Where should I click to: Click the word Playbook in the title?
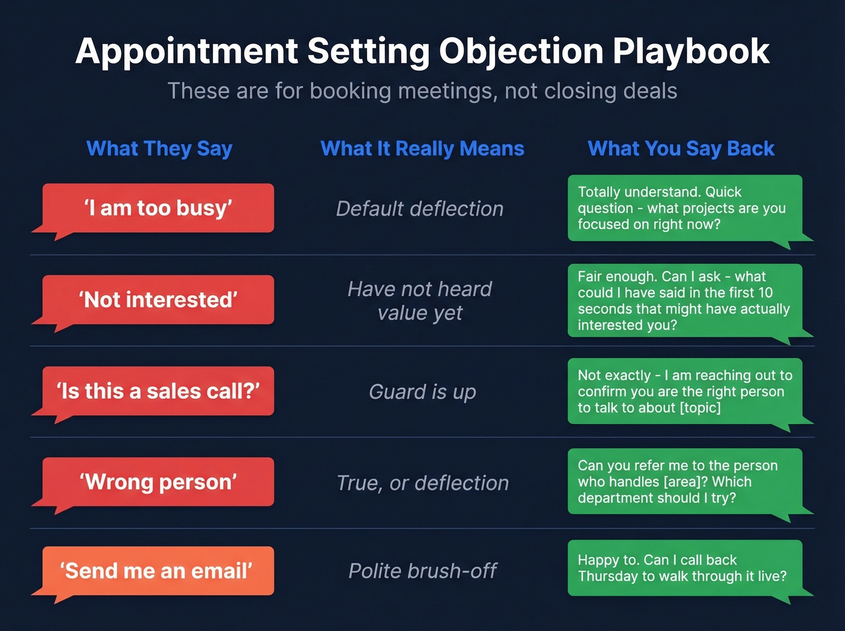pos(691,51)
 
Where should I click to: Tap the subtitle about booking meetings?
pos(422,91)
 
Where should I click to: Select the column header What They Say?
pos(159,149)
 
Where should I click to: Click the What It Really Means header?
pos(422,149)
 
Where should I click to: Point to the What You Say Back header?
pos(681,149)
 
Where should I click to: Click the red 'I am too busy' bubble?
pos(158,208)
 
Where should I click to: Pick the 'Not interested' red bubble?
pos(158,299)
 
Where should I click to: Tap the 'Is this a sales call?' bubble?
pos(158,391)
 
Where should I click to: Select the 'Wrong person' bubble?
pos(158,482)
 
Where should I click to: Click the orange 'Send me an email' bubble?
pos(158,571)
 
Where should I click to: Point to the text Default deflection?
pos(420,209)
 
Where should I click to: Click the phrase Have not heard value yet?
pos(420,301)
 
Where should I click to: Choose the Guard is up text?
pos(422,392)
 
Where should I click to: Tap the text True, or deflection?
pos(422,483)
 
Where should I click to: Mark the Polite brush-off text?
pos(422,571)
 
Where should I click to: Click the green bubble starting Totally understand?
pos(684,208)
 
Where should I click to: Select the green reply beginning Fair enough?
pos(684,301)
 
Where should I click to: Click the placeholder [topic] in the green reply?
pos(700,408)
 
